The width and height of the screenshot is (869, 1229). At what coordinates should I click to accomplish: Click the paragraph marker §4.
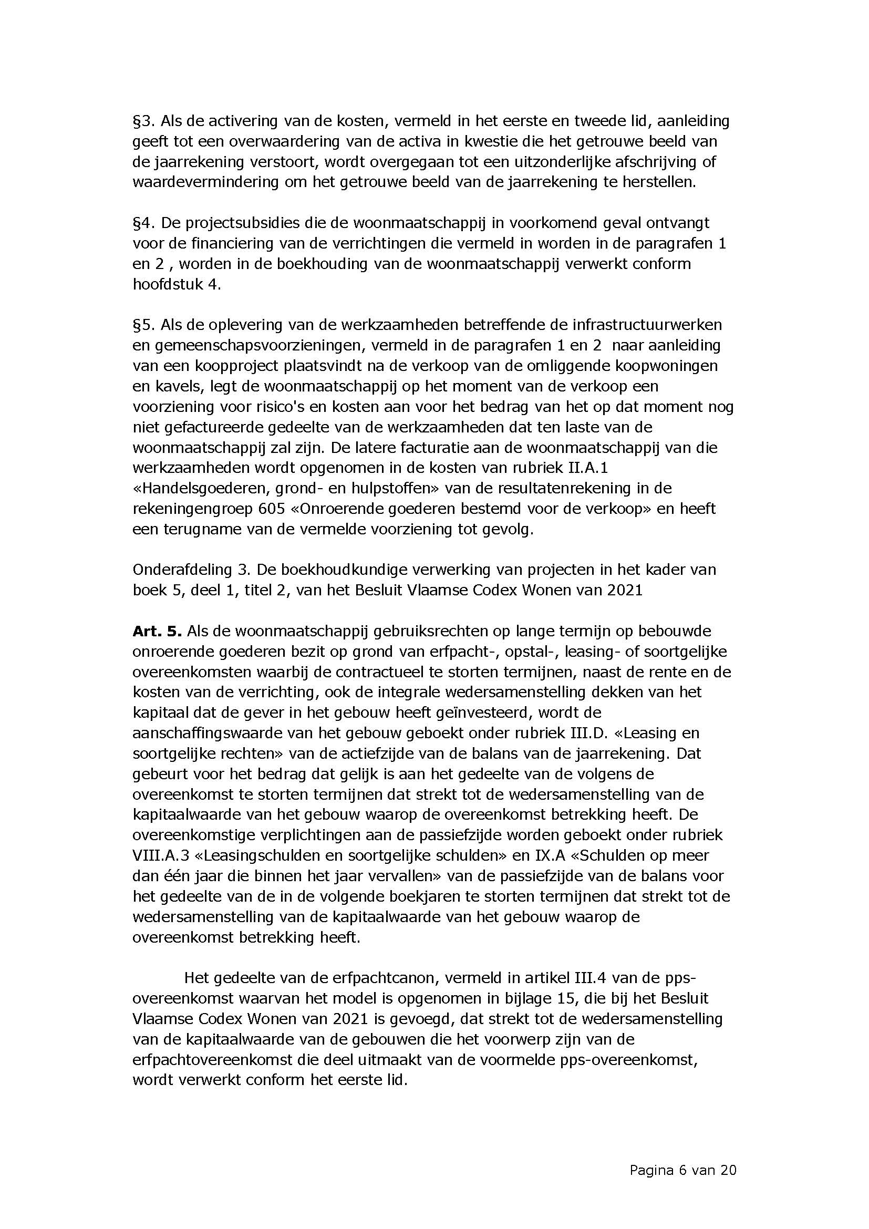[143, 223]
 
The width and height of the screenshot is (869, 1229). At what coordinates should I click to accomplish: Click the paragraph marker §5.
[143, 325]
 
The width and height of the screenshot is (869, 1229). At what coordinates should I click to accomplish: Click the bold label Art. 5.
[157, 631]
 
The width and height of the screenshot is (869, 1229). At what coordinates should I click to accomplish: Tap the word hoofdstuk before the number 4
[167, 284]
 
